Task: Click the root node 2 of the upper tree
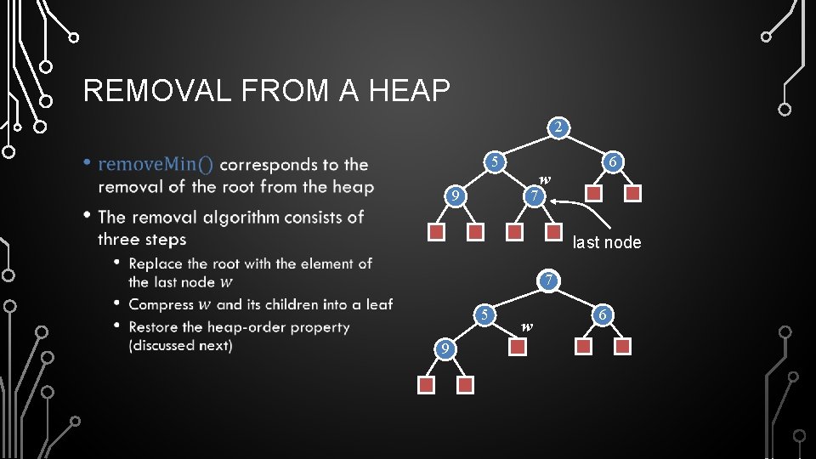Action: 557,128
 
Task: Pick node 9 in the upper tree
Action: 456,197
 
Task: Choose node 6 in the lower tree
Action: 603,315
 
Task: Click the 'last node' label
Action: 607,242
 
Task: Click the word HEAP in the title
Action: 405,90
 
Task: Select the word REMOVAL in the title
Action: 157,90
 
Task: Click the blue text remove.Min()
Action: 156,164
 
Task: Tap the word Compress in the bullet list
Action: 161,304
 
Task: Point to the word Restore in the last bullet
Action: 155,326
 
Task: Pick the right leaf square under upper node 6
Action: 633,194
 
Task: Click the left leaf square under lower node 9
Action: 427,385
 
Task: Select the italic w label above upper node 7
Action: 545,179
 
